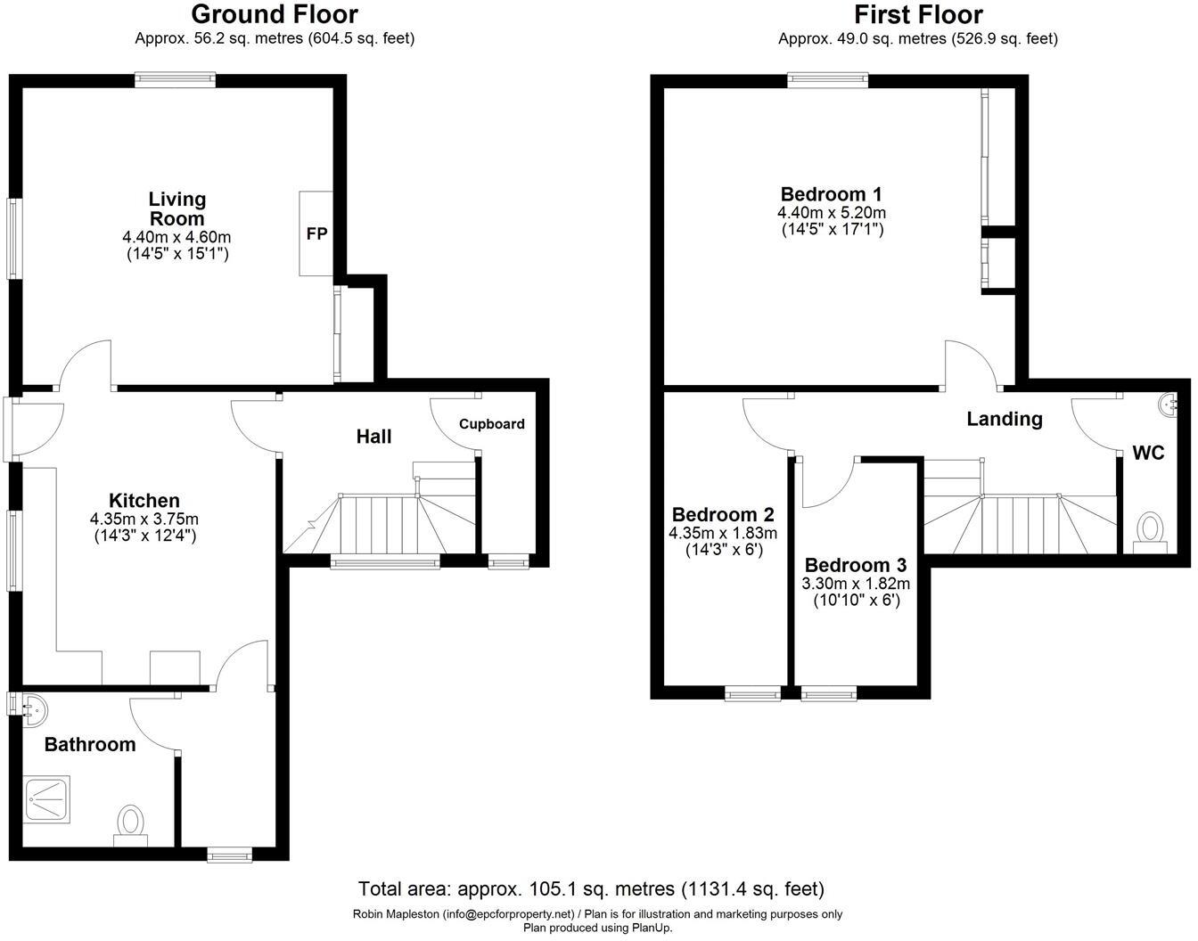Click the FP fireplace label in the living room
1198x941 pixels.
point(316,234)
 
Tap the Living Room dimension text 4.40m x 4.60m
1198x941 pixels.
point(176,237)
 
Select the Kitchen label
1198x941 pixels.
point(144,501)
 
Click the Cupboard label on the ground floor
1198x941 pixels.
point(492,424)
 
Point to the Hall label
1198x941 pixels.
point(373,437)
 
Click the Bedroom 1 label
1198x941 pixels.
point(831,194)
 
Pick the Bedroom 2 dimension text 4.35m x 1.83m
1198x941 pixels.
point(723,534)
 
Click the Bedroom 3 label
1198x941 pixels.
point(855,565)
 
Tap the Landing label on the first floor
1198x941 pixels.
point(1005,419)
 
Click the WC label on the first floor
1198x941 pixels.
point(1148,453)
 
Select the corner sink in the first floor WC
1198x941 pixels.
point(1169,405)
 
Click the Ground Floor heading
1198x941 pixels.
point(275,15)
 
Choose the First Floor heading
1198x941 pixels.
point(918,15)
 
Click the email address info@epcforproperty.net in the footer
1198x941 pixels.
point(509,913)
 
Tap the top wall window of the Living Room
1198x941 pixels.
point(175,80)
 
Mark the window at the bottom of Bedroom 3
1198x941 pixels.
point(829,693)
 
